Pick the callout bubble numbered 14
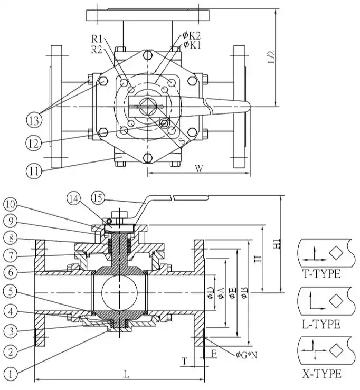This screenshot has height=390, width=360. click(74, 199)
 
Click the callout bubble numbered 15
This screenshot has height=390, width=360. click(98, 199)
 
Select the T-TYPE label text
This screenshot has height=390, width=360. click(321, 274)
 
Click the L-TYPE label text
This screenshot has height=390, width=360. click(321, 324)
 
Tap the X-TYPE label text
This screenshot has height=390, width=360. click(321, 374)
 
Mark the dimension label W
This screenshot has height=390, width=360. click(199, 168)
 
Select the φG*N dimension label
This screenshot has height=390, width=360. click(247, 354)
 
